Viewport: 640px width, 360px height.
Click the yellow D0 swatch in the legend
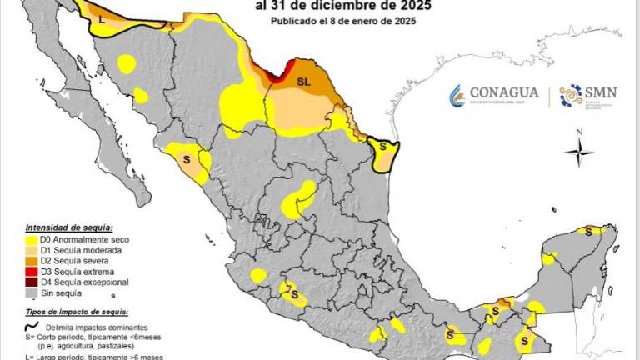click(32, 238)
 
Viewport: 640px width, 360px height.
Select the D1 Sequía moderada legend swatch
click(32, 250)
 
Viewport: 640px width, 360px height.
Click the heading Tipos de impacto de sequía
click(76, 311)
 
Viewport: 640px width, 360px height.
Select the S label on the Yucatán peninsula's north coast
click(587, 232)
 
